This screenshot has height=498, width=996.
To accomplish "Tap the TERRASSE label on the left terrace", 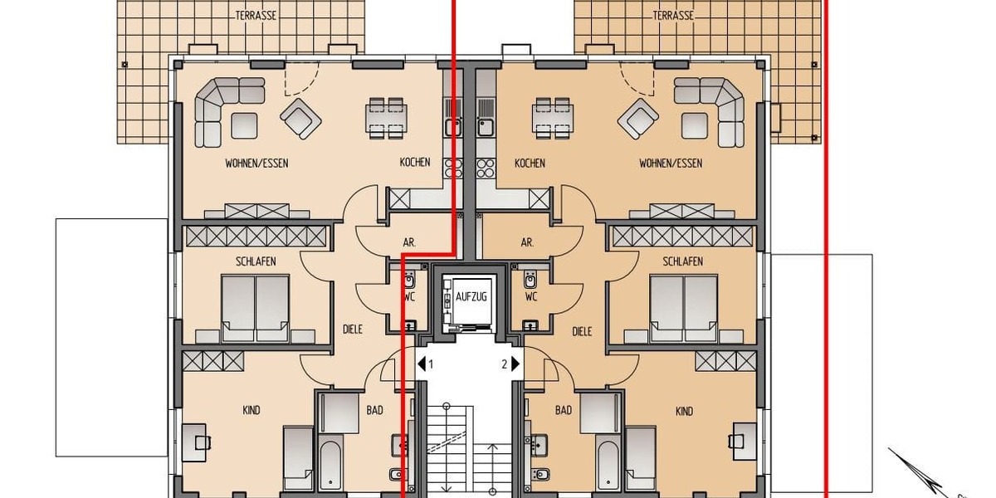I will click(x=256, y=16).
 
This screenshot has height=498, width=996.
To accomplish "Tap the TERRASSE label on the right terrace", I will click(x=674, y=16).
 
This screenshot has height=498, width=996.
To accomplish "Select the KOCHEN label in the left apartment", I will click(x=415, y=163).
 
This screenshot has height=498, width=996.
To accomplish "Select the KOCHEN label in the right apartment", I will click(x=530, y=164).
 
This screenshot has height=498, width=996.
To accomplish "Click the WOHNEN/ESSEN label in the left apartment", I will click(x=256, y=164).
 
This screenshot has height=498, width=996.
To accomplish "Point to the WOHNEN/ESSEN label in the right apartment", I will click(x=670, y=164).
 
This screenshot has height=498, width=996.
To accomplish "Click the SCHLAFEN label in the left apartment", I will click(x=256, y=261).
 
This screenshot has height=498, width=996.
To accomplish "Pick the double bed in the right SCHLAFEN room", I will click(x=683, y=307).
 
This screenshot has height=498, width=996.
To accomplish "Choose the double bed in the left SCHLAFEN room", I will click(x=256, y=307).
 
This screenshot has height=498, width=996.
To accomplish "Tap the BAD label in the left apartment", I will click(x=374, y=410).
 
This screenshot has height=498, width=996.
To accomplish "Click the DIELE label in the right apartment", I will click(x=583, y=331).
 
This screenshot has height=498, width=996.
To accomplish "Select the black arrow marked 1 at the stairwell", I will click(x=422, y=364).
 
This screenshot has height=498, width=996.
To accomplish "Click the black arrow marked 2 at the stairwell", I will click(x=515, y=364).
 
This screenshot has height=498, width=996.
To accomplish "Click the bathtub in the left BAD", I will click(x=329, y=466).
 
